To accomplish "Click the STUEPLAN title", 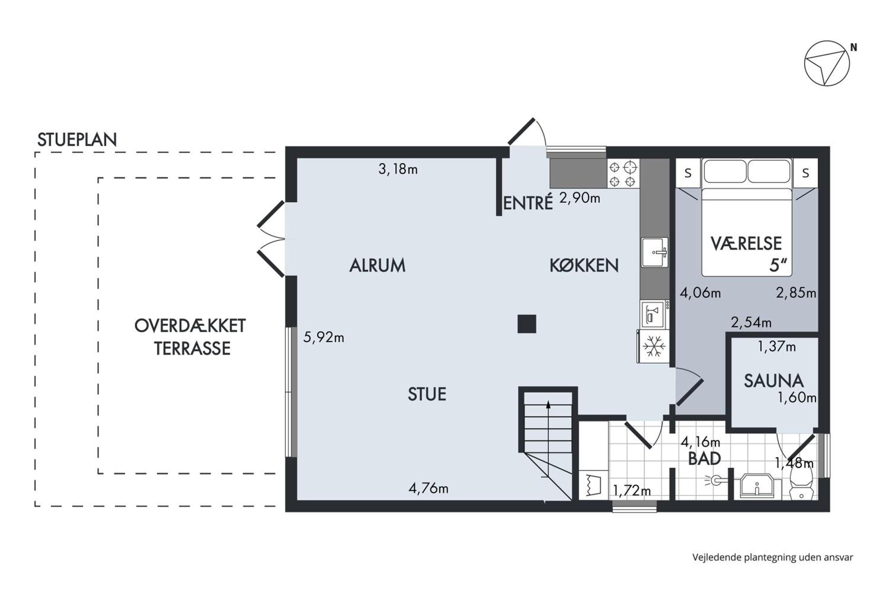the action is (77, 140).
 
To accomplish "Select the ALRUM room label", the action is (377, 265).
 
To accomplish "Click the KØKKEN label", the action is (584, 265).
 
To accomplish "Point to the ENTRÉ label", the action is (528, 203).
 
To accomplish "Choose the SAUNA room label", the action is (774, 381).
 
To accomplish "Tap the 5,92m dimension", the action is (324, 337).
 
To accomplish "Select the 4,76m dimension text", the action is (428, 488).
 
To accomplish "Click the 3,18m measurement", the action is (398, 169).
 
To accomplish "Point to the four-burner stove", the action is (623, 173).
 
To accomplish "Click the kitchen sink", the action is (655, 252).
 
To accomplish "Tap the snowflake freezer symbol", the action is (654, 346).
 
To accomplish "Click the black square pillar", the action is (527, 324).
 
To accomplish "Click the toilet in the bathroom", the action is (801, 486).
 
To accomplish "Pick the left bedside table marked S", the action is (687, 173).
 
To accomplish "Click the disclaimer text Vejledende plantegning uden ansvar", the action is (773, 557).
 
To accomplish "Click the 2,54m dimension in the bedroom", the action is (751, 322).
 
